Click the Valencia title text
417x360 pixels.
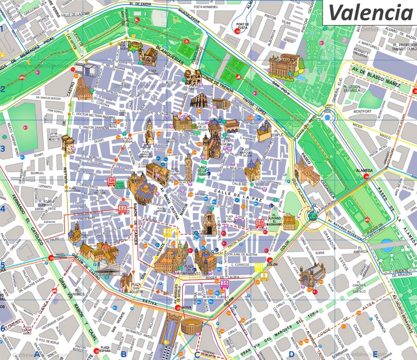click(368, 11)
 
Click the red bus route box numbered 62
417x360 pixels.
click(122, 209)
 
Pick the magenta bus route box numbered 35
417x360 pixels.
click(225, 283)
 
